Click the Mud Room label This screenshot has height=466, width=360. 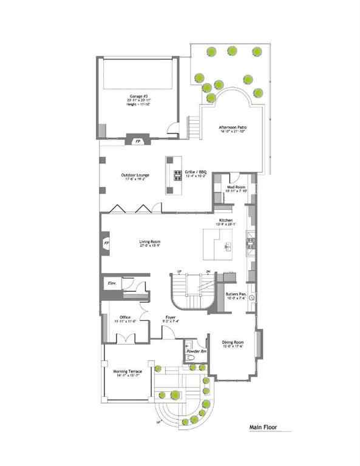pos(236,187)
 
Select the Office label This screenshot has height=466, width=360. pos(125,317)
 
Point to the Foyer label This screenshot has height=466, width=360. pos(169,317)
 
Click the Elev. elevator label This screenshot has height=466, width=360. pos(112,283)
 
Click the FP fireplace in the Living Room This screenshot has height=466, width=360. pos(107,243)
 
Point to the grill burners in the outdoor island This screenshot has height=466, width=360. pos(178,175)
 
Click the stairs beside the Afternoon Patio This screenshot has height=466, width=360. pos(194,126)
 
